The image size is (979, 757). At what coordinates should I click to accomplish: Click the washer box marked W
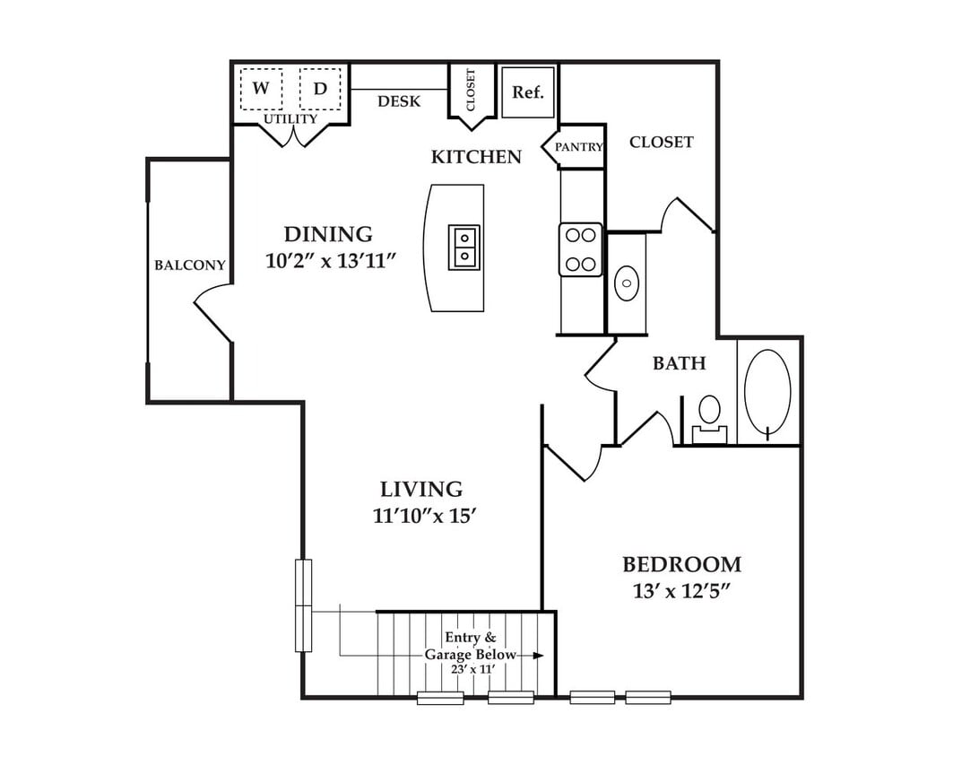click(261, 89)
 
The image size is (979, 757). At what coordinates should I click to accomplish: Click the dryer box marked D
click(320, 89)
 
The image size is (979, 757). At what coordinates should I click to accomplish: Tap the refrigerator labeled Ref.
click(528, 91)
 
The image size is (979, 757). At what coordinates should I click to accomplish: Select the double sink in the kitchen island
click(464, 248)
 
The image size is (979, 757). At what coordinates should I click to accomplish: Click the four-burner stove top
click(581, 249)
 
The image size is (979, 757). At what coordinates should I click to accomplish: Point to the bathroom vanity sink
click(627, 283)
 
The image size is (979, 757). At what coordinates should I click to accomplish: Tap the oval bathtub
click(768, 391)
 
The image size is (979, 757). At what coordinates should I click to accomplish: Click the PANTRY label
click(579, 147)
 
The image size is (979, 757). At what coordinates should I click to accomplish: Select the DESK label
click(399, 101)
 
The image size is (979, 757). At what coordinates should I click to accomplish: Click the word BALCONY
click(190, 265)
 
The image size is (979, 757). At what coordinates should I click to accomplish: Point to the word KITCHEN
click(476, 157)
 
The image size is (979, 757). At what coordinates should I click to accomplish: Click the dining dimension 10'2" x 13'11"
click(332, 260)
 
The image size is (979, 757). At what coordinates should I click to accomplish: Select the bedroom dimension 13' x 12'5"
click(681, 590)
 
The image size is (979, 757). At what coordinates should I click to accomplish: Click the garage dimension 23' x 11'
click(472, 669)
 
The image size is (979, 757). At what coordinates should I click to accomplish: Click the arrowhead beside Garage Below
click(538, 655)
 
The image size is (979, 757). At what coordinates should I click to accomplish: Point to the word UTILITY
click(290, 118)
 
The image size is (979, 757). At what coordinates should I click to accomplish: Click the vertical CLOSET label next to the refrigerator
click(470, 90)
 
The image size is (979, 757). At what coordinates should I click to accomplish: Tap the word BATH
click(680, 363)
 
